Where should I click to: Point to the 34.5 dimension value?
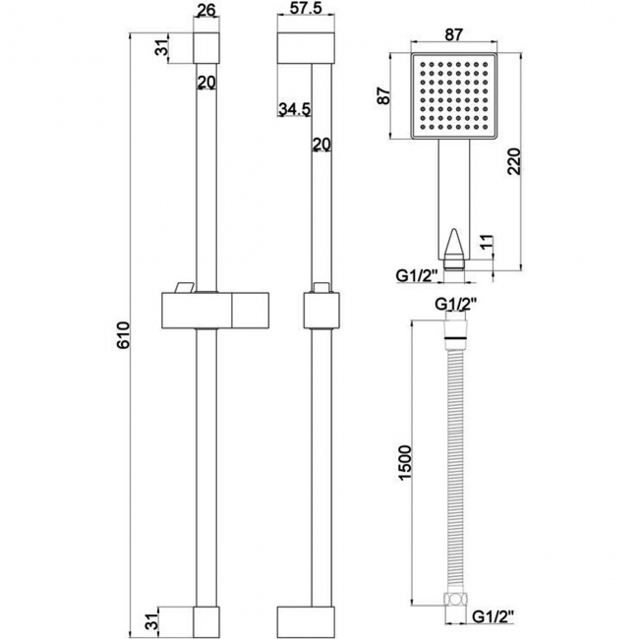[x=294, y=110]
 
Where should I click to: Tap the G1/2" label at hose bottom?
[x=491, y=617]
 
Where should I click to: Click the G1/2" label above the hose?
[x=454, y=305]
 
